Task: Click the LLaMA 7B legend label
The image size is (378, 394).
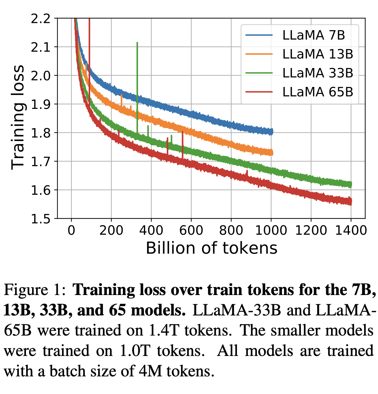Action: pyautogui.click(x=313, y=36)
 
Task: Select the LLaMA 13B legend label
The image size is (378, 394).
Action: pyautogui.click(x=317, y=54)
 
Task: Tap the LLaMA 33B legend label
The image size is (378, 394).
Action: pyautogui.click(x=317, y=73)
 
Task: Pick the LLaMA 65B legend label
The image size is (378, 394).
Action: pyautogui.click(x=317, y=92)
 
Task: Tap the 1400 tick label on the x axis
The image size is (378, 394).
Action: pyautogui.click(x=351, y=230)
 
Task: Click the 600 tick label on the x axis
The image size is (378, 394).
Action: pyautogui.click(x=191, y=230)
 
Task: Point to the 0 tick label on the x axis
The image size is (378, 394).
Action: pyautogui.click(x=72, y=230)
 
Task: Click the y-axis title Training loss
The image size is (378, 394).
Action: pyautogui.click(x=18, y=118)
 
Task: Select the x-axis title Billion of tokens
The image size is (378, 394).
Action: pyautogui.click(x=212, y=248)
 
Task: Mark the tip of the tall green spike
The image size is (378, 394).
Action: pyautogui.click(x=137, y=43)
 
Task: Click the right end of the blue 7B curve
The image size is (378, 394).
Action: pyautogui.click(x=272, y=132)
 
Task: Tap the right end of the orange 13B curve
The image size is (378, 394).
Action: pyautogui.click(x=272, y=152)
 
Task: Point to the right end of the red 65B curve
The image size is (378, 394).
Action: pyautogui.click(x=351, y=202)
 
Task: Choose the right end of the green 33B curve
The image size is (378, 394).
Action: pyautogui.click(x=351, y=185)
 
